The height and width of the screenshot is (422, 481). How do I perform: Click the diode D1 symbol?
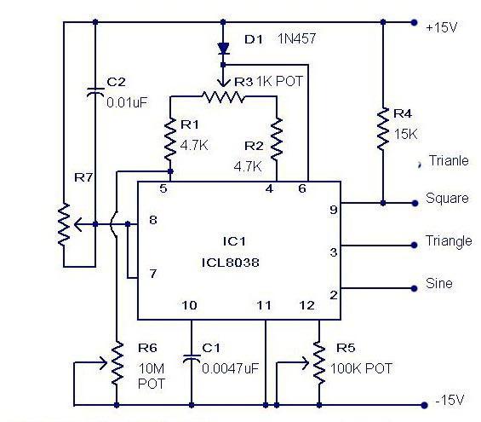pyautogui.click(x=223, y=49)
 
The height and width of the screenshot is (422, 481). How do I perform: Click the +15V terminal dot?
pyautogui.click(x=414, y=22)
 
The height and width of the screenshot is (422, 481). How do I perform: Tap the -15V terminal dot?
pyautogui.click(x=424, y=405)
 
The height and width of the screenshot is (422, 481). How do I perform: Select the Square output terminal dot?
pyautogui.click(x=415, y=203)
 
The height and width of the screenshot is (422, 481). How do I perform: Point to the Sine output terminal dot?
pyautogui.click(x=414, y=288)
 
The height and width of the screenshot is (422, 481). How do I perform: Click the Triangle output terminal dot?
pyautogui.click(x=414, y=245)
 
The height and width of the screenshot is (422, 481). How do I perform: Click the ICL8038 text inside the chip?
pyautogui.click(x=231, y=263)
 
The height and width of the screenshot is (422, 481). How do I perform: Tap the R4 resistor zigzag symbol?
pyautogui.click(x=383, y=129)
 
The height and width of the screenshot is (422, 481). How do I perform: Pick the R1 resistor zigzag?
pyautogui.click(x=170, y=139)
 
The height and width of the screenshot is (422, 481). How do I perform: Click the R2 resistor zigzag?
pyautogui.click(x=277, y=138)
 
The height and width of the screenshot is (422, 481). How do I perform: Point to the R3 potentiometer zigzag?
pyautogui.click(x=223, y=96)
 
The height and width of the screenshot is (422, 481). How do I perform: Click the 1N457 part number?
pyautogui.click(x=296, y=38)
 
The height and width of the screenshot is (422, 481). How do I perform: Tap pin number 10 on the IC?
pyautogui.click(x=189, y=305)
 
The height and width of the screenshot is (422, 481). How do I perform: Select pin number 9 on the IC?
pyautogui.click(x=334, y=210)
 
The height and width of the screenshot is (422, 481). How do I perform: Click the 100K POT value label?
pyautogui.click(x=361, y=368)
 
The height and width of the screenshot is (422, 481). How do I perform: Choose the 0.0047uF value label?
pyautogui.click(x=231, y=368)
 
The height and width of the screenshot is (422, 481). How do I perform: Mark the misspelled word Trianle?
pyautogui.click(x=449, y=160)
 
